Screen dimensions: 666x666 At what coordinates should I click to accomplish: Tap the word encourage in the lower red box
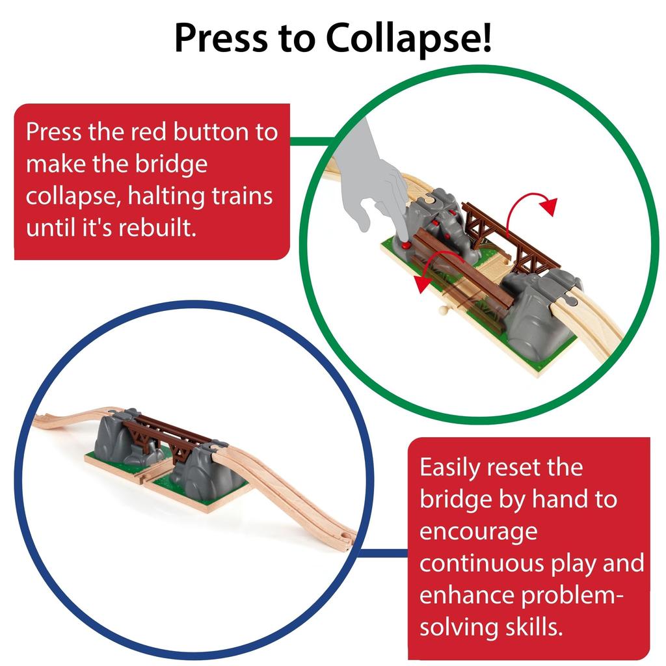point(478,531)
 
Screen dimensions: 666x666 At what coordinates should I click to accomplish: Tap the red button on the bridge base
point(405,246)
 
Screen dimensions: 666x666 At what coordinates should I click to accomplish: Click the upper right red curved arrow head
point(550,207)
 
